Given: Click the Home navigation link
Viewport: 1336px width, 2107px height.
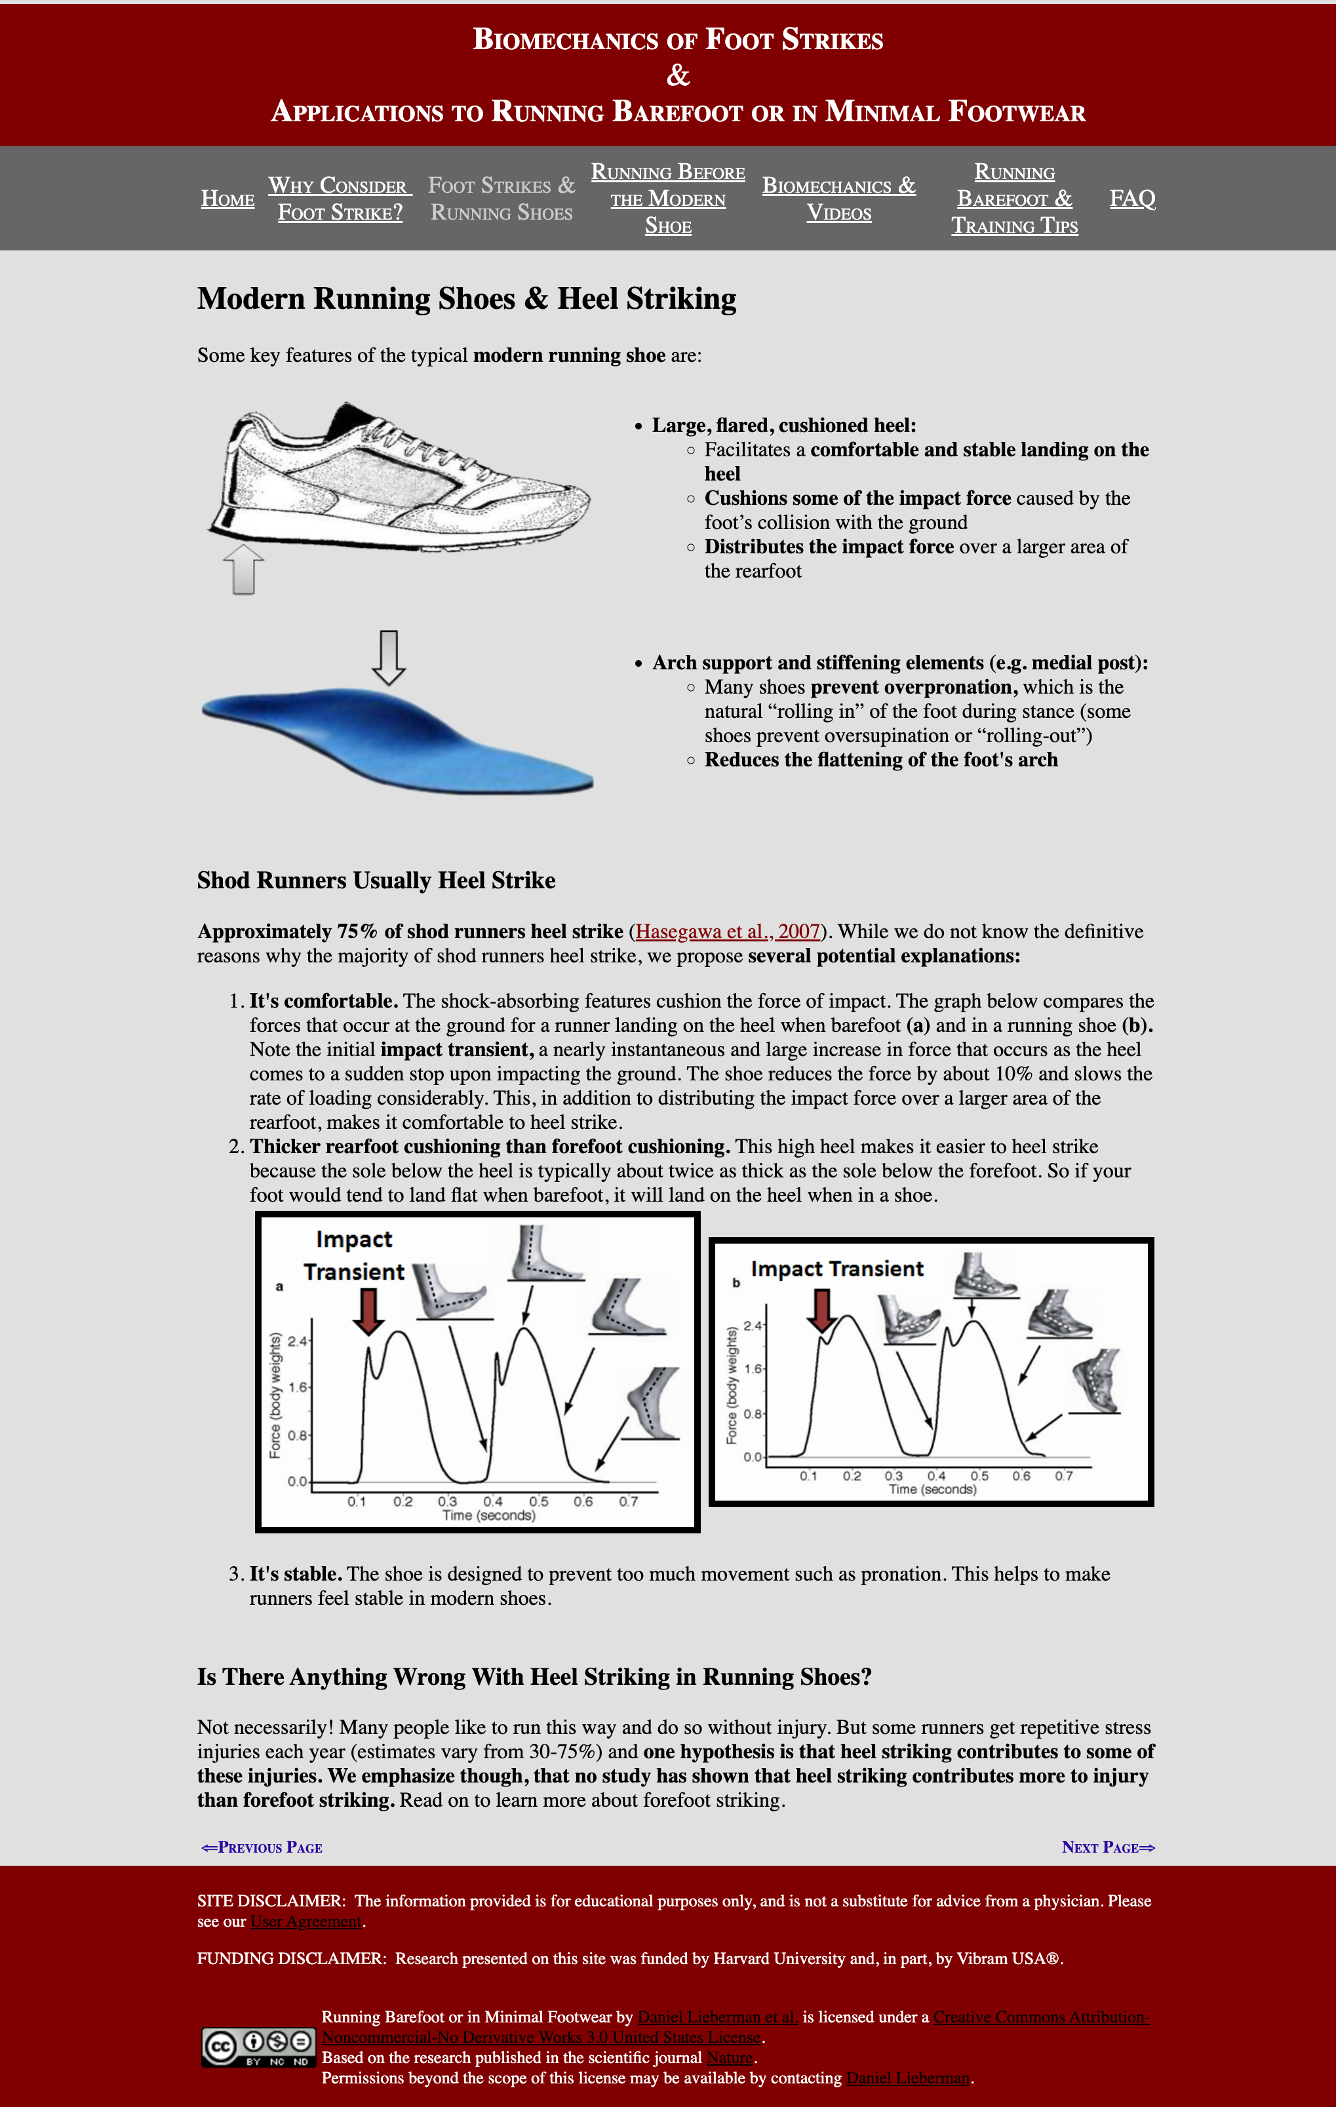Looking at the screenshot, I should [x=227, y=199].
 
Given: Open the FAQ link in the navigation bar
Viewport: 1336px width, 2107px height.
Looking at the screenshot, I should [x=1132, y=199].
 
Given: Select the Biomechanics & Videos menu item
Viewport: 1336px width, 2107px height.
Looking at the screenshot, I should [x=838, y=199].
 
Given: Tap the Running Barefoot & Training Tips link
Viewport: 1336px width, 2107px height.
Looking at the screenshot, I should [x=1014, y=199].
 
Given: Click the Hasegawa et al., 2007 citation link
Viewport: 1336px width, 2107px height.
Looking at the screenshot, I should [x=728, y=931].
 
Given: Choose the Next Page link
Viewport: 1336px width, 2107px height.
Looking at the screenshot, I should [x=1108, y=1847].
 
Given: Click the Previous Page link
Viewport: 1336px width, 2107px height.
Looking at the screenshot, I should [x=262, y=1847].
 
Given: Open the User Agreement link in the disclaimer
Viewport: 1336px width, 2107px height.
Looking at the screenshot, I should [x=306, y=1921].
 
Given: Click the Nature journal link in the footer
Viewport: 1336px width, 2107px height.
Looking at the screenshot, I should [x=730, y=2057].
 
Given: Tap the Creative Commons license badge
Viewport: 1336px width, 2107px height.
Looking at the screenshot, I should [x=258, y=2047].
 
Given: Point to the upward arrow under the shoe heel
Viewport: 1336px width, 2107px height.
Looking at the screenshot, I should [x=243, y=570].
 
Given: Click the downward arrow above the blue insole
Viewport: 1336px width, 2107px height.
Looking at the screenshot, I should [x=389, y=656].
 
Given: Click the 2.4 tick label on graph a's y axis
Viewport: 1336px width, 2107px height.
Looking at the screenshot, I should [x=298, y=1341].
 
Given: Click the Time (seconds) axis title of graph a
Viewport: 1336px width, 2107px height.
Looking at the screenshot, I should [x=488, y=1516].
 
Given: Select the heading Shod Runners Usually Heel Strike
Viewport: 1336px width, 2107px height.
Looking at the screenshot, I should [x=376, y=880].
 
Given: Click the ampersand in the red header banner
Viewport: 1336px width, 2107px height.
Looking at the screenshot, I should [x=678, y=76].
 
